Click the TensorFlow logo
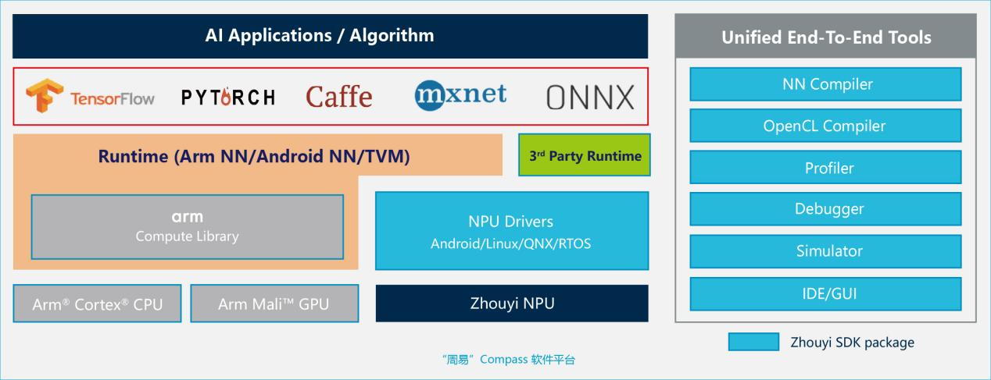click(90, 97)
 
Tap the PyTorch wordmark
click(228, 98)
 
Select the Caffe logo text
click(339, 97)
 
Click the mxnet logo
click(460, 95)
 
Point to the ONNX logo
click(590, 98)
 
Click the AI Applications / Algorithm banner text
click(319, 35)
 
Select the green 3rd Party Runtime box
click(584, 155)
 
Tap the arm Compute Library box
click(187, 226)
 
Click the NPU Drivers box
click(511, 231)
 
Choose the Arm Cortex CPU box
click(98, 304)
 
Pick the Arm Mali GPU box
click(274, 304)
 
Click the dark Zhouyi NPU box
click(511, 303)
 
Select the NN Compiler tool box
click(825, 84)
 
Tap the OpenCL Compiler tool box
click(825, 126)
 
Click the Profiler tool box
click(825, 168)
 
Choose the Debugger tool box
click(825, 209)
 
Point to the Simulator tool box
click(825, 251)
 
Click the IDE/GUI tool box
click(825, 293)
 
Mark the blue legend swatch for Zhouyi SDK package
click(753, 342)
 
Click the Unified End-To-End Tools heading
click(825, 37)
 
